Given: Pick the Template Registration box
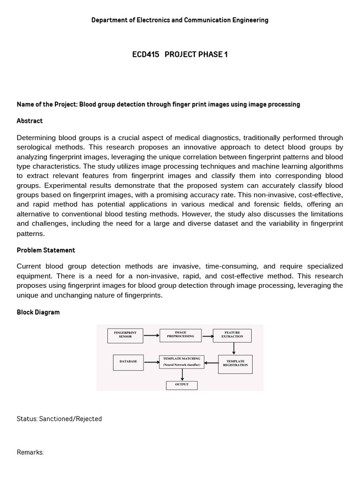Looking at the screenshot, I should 235,363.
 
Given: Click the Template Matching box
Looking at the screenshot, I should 181,361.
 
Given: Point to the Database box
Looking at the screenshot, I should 128,362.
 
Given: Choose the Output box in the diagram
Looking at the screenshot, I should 181,385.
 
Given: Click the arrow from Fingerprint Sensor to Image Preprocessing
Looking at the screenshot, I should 151,335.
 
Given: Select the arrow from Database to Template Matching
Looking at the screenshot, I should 151,362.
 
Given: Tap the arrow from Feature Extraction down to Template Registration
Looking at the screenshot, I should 233,348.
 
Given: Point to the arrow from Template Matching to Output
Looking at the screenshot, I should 182,375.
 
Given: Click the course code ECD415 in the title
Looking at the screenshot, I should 145,54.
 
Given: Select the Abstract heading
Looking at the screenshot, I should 30,121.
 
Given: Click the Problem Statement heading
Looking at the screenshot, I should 46,250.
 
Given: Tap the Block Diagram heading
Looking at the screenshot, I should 38,312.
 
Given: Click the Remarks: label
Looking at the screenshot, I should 30,452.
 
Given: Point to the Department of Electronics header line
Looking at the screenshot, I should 180,20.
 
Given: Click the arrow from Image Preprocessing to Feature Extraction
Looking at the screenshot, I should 207,335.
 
